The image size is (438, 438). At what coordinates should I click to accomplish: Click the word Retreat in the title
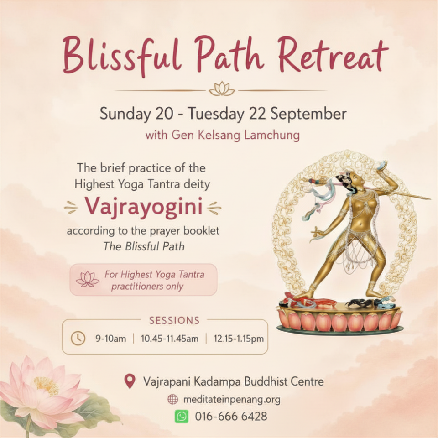[x=333, y=55]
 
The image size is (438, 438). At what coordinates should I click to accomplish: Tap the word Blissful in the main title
[x=121, y=56]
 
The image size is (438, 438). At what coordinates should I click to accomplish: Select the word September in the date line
[x=308, y=114]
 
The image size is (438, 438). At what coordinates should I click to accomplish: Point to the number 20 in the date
[x=164, y=114]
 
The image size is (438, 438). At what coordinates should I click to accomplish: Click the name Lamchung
[x=272, y=135]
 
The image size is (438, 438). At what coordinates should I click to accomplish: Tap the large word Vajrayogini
[x=144, y=207]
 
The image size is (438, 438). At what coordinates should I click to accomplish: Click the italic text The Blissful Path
[x=144, y=246]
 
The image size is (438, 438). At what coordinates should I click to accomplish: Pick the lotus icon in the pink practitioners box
[x=88, y=279]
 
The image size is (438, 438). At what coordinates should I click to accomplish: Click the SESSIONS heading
[x=174, y=320]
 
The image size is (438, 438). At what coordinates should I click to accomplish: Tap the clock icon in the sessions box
[x=78, y=338]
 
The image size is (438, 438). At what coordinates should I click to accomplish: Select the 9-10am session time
[x=110, y=339]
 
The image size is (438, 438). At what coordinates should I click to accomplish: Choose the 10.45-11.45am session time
[x=170, y=339]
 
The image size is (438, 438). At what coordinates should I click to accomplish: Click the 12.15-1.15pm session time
[x=239, y=339]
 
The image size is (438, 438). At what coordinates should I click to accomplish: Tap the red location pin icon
[x=130, y=381]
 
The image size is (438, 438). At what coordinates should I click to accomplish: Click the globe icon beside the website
[x=172, y=400]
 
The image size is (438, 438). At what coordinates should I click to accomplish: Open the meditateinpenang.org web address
[x=232, y=400]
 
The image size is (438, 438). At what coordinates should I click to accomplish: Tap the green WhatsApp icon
[x=182, y=417]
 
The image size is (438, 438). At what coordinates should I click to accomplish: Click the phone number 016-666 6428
[x=231, y=416]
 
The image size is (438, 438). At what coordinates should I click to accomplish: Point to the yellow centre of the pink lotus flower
[x=47, y=386]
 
